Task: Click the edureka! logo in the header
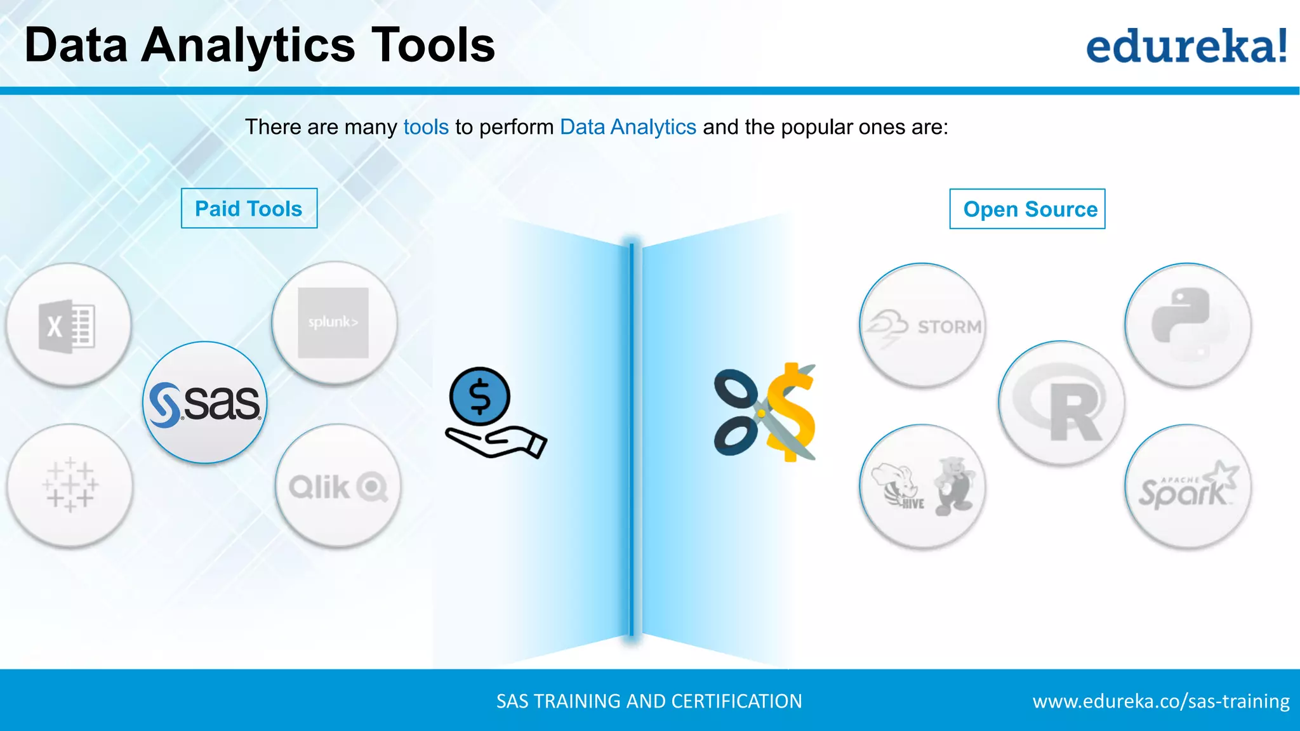coord(1186,46)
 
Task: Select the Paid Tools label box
coord(249,209)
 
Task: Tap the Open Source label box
coord(1027,209)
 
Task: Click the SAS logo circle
coord(205,403)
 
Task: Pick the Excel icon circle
coord(69,326)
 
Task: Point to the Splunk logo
coord(334,322)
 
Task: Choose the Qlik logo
coord(338,487)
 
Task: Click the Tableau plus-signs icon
coord(70,485)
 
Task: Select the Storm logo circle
coord(922,326)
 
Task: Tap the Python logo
coord(1188,325)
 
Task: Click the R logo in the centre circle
coord(1061,404)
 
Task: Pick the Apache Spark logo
coord(1188,487)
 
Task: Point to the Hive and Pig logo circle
coord(922,487)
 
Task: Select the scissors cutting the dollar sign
coord(766,412)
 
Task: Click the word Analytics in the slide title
coord(248,46)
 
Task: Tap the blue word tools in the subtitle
coord(426,128)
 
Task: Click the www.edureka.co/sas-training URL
coord(1160,701)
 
